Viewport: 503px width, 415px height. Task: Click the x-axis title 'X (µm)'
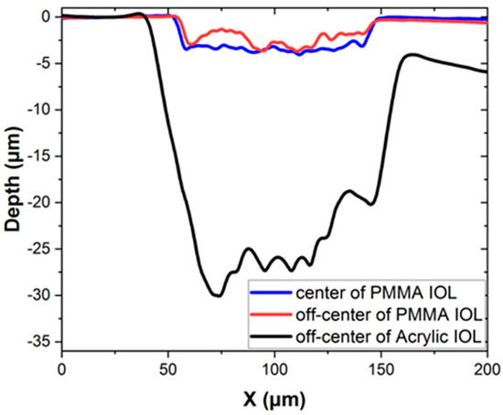click(274, 399)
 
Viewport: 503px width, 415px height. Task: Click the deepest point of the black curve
click(217, 295)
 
